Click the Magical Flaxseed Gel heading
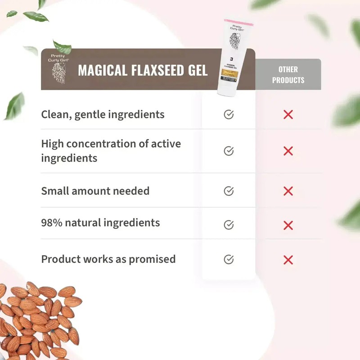143,70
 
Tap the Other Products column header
288,75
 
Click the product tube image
235,58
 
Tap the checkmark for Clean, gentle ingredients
229,115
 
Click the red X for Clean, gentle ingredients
288,115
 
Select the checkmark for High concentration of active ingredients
229,151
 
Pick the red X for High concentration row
288,151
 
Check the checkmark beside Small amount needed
229,191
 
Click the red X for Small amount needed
288,191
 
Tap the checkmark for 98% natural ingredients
229,224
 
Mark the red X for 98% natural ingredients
288,224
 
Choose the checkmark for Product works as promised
229,259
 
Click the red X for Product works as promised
288,259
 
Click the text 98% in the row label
51,222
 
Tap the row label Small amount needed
95,191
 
